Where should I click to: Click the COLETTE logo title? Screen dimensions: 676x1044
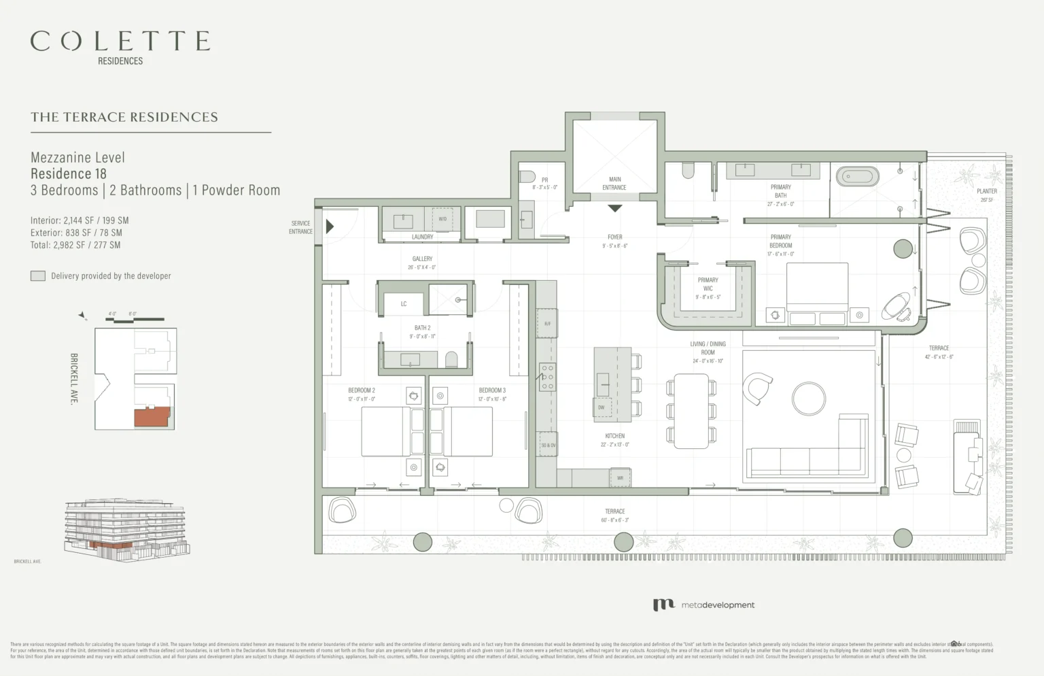pyautogui.click(x=120, y=41)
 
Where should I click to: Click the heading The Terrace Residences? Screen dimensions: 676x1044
pyautogui.click(x=124, y=117)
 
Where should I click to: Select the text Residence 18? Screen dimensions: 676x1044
pyautogui.click(x=69, y=174)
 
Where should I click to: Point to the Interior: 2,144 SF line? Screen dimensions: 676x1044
pyautogui.click(x=80, y=220)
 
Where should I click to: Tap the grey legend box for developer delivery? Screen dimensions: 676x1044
pyautogui.click(x=38, y=276)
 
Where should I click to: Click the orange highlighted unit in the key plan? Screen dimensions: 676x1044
pyautogui.click(x=151, y=418)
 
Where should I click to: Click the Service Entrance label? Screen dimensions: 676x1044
pyautogui.click(x=300, y=227)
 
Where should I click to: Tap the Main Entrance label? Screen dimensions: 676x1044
pyautogui.click(x=614, y=184)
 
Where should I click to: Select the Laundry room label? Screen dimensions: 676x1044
pyautogui.click(x=422, y=237)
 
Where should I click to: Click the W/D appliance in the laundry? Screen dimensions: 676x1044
pyautogui.click(x=442, y=219)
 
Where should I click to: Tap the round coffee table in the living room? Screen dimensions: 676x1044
pyautogui.click(x=809, y=399)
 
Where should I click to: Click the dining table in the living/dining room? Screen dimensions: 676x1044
pyautogui.click(x=691, y=411)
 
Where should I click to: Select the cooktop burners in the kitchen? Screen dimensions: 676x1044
pyautogui.click(x=547, y=377)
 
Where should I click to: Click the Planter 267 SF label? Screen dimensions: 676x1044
pyautogui.click(x=987, y=195)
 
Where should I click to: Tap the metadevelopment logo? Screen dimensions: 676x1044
pyautogui.click(x=703, y=605)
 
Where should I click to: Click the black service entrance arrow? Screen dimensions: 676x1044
pyautogui.click(x=330, y=226)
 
